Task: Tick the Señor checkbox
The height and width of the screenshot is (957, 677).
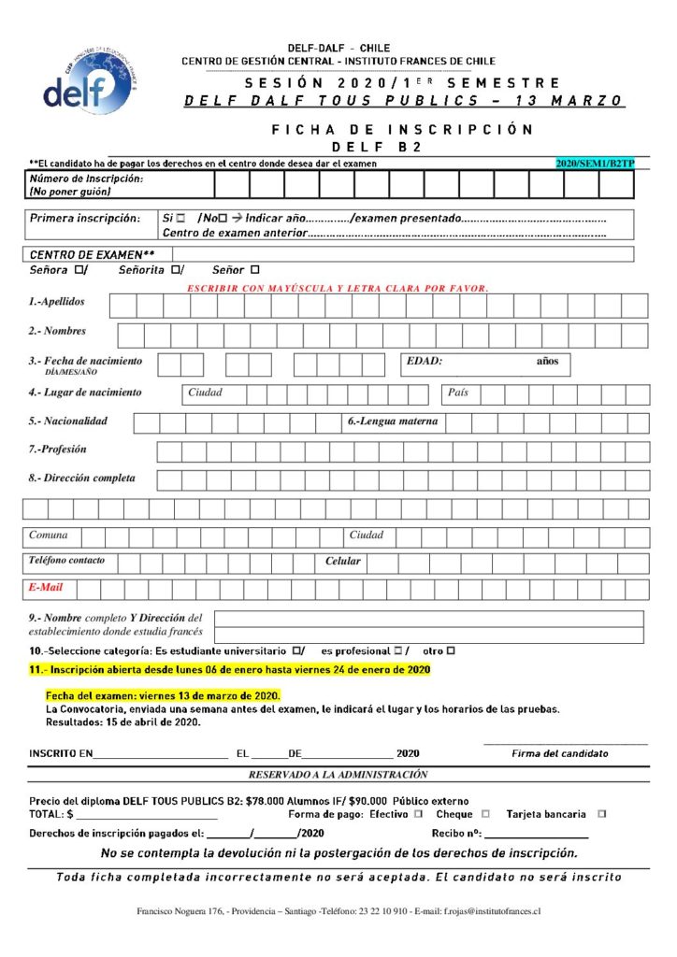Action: click(x=253, y=271)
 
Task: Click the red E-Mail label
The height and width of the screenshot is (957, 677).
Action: click(x=45, y=588)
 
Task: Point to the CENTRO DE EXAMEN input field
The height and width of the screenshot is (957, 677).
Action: click(x=402, y=254)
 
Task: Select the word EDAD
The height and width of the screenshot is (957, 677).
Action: click(x=425, y=362)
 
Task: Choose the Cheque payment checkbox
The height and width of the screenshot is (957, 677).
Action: click(x=483, y=814)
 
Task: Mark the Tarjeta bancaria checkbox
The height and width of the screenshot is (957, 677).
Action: click(x=601, y=814)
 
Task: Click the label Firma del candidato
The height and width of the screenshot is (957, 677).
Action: click(x=559, y=753)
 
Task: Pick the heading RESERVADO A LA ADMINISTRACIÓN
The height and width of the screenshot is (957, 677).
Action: click(x=338, y=775)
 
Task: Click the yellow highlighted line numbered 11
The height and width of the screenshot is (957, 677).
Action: click(x=230, y=670)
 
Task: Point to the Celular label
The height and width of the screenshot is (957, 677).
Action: click(x=342, y=562)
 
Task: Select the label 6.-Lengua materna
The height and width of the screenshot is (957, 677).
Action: click(x=393, y=421)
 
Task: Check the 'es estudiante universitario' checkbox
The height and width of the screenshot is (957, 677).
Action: click(x=295, y=650)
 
